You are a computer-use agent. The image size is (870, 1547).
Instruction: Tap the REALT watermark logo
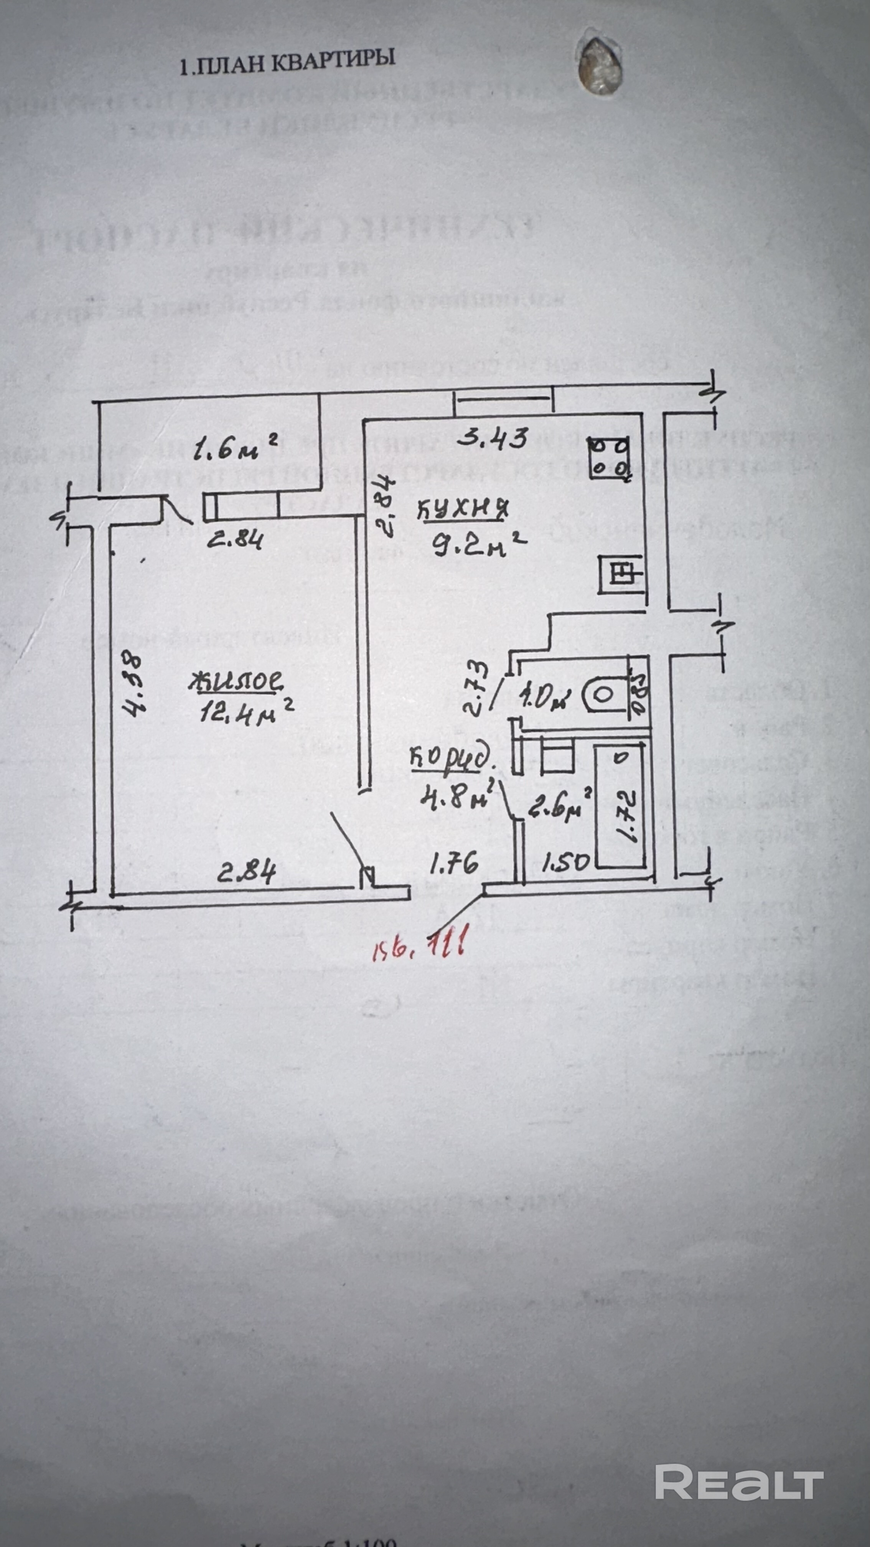coord(738,1428)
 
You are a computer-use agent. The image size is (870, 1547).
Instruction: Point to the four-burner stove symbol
coord(610,458)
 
